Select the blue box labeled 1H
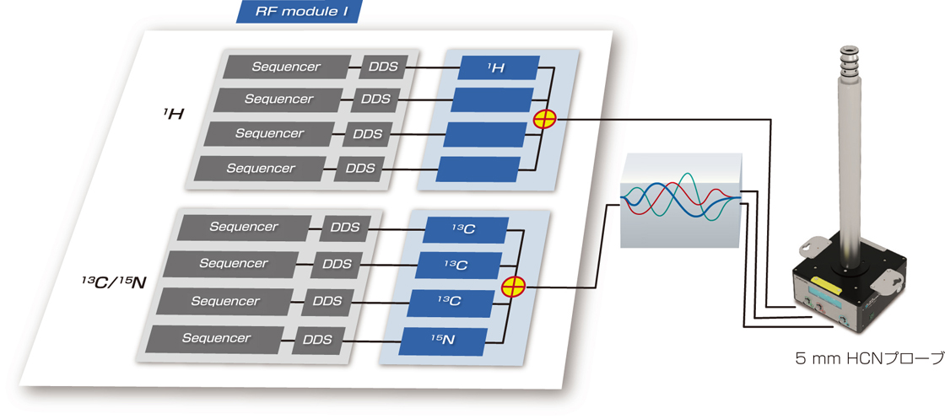[498, 67]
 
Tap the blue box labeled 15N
[444, 340]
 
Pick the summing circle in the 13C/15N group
[512, 287]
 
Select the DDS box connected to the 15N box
[316, 340]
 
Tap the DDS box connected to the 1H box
[384, 67]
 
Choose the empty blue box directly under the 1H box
[492, 99]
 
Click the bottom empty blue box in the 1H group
[478, 169]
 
